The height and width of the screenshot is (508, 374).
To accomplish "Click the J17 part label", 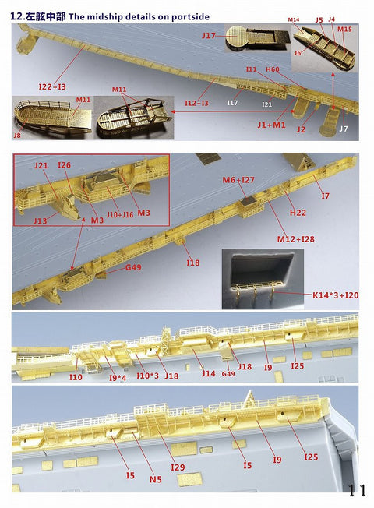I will point(208,36).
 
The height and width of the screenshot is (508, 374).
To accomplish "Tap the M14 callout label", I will point(294,19).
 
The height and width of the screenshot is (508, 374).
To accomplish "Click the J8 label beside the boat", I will point(17,136).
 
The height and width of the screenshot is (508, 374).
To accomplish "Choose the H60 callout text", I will point(273,70).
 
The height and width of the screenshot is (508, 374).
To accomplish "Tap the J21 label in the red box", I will point(41,166).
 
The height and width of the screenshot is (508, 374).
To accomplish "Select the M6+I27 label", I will point(238,180).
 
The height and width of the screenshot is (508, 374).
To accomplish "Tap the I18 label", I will point(193,263).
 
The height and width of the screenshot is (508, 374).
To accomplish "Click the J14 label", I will point(208,373).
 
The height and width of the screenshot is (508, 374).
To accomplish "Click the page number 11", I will point(357,490).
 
